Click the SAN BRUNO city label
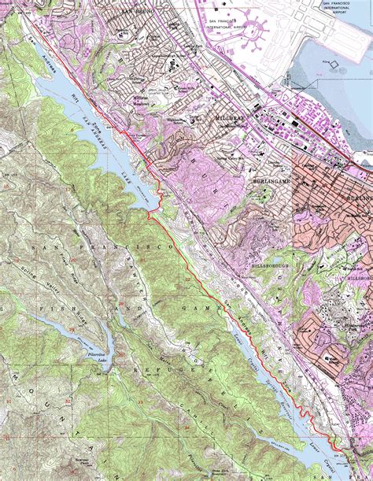137,12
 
